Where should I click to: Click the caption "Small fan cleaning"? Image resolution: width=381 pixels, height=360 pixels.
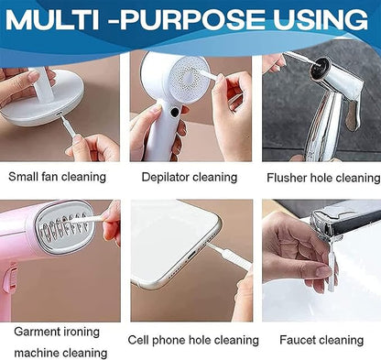coord(58,176)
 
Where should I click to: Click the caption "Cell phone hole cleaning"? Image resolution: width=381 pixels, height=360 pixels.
coord(193,340)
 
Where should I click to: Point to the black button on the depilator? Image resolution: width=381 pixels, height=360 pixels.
coord(175,112)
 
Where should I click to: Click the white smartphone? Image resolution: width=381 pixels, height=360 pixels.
coord(169,252)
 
